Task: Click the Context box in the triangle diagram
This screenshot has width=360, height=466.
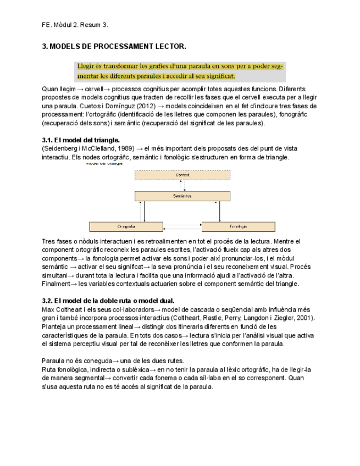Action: (x=182, y=175)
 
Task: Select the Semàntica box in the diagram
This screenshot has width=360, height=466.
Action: (x=182, y=196)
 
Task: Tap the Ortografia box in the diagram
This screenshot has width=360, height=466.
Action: (x=126, y=226)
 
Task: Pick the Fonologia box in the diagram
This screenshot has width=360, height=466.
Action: (x=238, y=226)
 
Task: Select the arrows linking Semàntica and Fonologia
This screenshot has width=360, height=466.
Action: (x=220, y=211)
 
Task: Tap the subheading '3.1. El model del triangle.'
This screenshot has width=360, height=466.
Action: (x=81, y=140)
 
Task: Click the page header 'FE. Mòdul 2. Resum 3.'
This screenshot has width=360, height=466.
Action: (x=75, y=25)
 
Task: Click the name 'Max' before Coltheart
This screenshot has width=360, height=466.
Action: (x=48, y=309)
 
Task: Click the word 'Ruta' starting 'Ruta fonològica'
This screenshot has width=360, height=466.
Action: (x=49, y=370)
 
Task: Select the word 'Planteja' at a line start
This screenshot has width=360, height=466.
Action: (x=56, y=326)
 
